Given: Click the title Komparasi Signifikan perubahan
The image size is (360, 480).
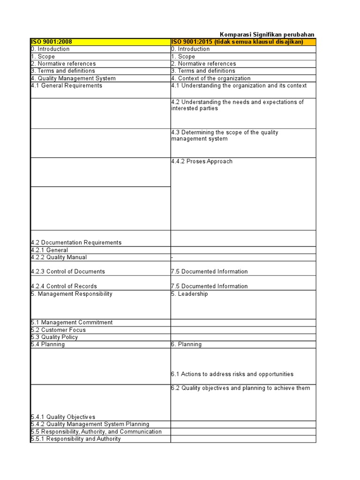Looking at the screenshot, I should click(x=267, y=35).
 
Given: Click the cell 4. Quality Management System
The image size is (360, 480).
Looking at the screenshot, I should click(x=73, y=78).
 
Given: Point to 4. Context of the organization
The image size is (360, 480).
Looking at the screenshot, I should click(x=211, y=78).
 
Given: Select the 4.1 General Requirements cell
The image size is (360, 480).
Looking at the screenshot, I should click(x=67, y=86).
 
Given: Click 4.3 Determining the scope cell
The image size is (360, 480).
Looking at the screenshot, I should click(x=225, y=135).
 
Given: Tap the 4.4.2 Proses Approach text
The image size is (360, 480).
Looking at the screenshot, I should click(x=202, y=161).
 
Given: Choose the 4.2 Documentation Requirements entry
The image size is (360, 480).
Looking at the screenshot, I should click(x=76, y=242).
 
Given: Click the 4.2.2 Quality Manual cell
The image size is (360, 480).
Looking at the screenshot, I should click(x=59, y=257).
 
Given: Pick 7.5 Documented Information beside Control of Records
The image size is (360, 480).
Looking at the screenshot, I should click(x=209, y=286).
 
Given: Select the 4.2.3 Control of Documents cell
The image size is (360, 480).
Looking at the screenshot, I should click(x=68, y=271).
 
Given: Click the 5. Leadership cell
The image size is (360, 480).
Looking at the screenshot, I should click(x=189, y=294).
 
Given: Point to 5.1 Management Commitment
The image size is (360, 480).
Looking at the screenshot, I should click(x=72, y=322).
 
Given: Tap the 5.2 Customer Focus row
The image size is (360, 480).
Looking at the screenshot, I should click(x=59, y=330).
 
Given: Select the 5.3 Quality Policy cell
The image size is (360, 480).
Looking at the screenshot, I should click(x=54, y=337).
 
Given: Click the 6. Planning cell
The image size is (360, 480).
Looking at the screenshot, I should click(x=187, y=345).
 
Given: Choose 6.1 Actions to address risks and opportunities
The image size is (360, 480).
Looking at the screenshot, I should click(x=232, y=374).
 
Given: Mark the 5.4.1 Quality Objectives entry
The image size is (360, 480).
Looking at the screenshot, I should click(x=63, y=417).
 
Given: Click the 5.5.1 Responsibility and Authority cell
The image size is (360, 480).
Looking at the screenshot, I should click(x=75, y=439).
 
